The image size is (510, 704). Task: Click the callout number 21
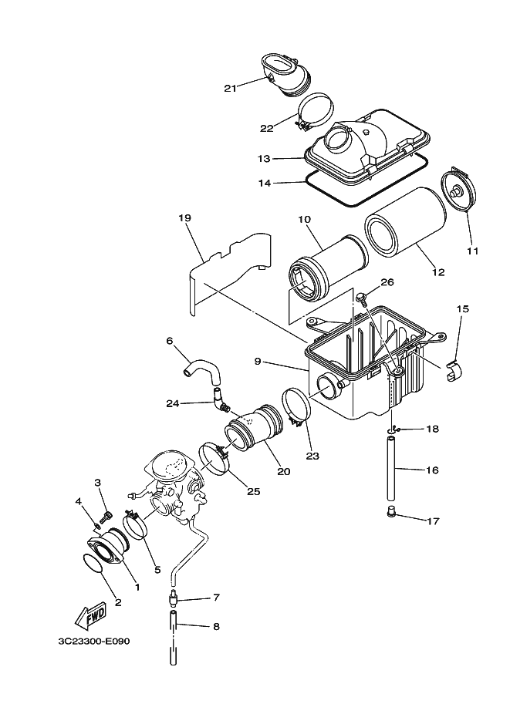[x=229, y=88]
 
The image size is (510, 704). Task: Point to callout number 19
[x=184, y=218]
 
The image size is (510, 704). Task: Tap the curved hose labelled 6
[x=201, y=368]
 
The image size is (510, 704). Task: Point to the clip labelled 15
[x=455, y=370]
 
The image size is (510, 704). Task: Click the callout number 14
[x=263, y=184]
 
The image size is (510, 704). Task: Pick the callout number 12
[x=438, y=272]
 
